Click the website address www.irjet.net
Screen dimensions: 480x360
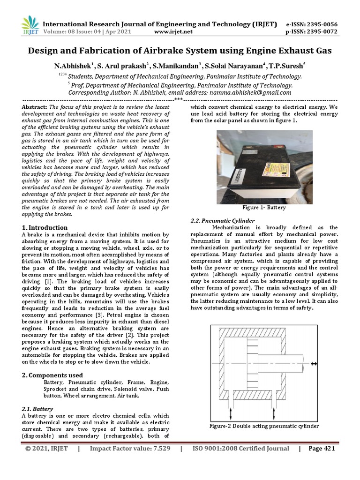pyautogui.click(x=173, y=32)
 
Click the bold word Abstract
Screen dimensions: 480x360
pyautogui.click(x=34, y=107)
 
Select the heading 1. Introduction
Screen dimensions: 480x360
pyautogui.click(x=45, y=227)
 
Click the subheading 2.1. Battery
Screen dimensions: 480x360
pyautogui.click(x=37, y=409)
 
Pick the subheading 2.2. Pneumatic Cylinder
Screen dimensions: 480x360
pyautogui.click(x=223, y=220)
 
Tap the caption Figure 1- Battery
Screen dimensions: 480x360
pyautogui.click(x=263, y=207)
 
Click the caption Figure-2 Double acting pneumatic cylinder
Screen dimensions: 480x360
pyautogui.click(x=263, y=426)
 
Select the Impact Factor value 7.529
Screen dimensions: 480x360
pyautogui.click(x=157, y=449)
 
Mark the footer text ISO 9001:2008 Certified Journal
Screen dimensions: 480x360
pyautogui.click(x=241, y=449)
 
